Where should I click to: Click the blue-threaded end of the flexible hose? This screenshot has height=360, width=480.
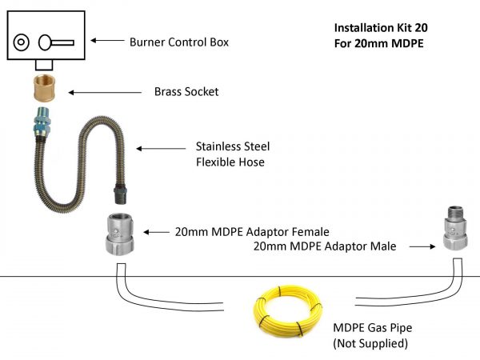point(42,126)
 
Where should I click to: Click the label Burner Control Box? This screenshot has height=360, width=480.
point(179,42)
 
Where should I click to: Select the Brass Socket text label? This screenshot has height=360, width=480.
point(186,92)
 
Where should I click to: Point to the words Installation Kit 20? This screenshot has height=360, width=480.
point(380,27)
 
